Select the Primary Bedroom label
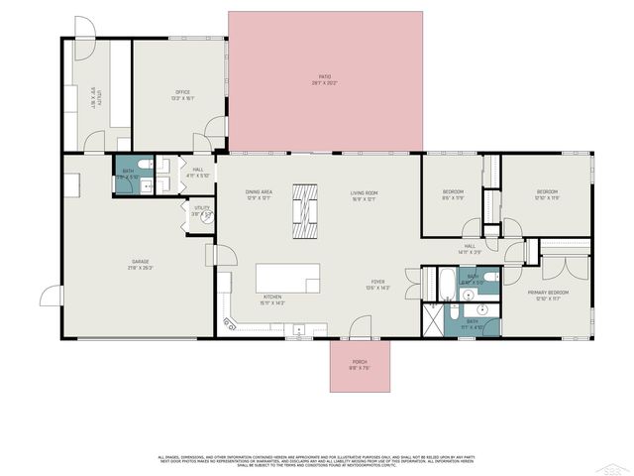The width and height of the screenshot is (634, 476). pos(552,294)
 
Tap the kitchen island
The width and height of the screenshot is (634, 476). pos(288,278)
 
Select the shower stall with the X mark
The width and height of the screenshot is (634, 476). pos(433,319)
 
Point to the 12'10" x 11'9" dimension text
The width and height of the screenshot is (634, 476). pos(548,198)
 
